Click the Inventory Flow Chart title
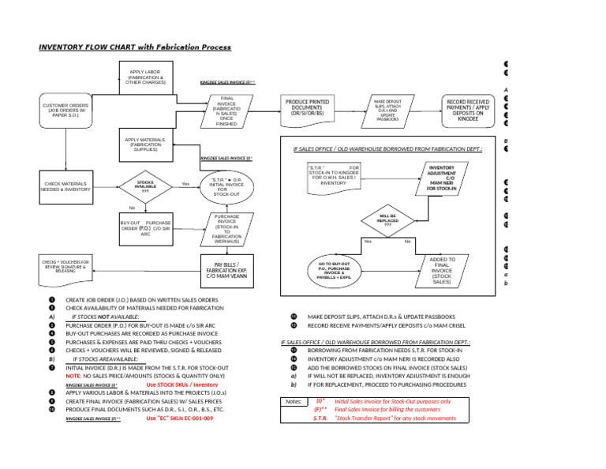click(135, 47)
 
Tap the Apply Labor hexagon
click(144, 77)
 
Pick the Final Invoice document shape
click(226, 111)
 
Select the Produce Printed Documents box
click(307, 109)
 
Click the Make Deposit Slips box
click(387, 110)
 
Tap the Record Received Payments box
click(468, 110)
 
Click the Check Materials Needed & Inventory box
click(65, 186)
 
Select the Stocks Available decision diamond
click(145, 186)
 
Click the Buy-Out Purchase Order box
click(145, 228)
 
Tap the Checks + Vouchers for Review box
click(65, 265)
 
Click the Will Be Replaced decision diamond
click(387, 219)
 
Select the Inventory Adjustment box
click(441, 178)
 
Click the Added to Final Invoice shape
click(442, 270)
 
